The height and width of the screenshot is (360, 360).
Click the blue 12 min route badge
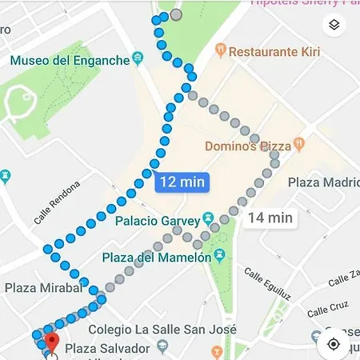click(182, 182)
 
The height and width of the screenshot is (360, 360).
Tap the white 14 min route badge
click(270, 217)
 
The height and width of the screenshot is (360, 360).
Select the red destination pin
click(50, 342)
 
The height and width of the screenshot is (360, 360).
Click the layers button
click(334, 26)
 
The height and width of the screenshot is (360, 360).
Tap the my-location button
click(334, 344)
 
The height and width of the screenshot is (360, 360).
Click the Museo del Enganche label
click(69, 60)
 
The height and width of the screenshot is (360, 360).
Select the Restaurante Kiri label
click(274, 52)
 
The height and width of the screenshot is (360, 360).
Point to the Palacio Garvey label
click(158, 218)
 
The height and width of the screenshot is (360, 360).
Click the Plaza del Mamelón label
click(157, 258)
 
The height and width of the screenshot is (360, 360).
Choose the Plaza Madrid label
click(323, 182)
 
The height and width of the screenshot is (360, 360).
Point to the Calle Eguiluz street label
click(264, 285)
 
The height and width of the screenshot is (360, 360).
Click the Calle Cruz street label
click(328, 309)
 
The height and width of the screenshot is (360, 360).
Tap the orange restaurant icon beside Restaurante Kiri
click(220, 52)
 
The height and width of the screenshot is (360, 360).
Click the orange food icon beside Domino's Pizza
click(299, 146)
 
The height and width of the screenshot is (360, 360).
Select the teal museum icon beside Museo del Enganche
click(138, 58)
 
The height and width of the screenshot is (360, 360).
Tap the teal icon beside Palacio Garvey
click(207, 218)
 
